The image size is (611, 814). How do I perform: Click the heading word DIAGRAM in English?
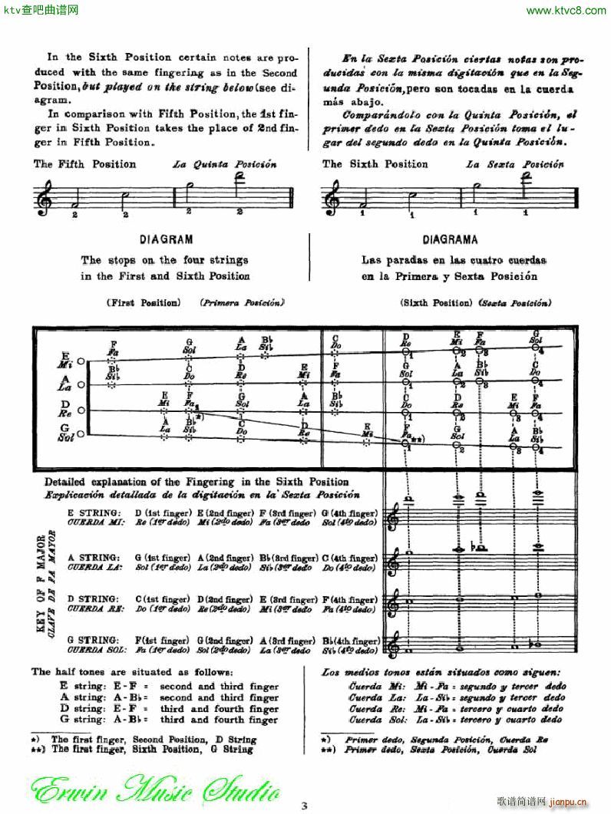(166, 239)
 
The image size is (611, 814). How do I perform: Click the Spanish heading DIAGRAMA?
(449, 239)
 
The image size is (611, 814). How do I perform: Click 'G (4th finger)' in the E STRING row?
(350, 512)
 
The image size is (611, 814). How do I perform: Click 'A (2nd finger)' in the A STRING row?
(225, 558)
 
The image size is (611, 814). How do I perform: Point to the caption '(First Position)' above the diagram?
(144, 303)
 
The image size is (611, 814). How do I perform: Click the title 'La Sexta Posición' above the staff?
(514, 164)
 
